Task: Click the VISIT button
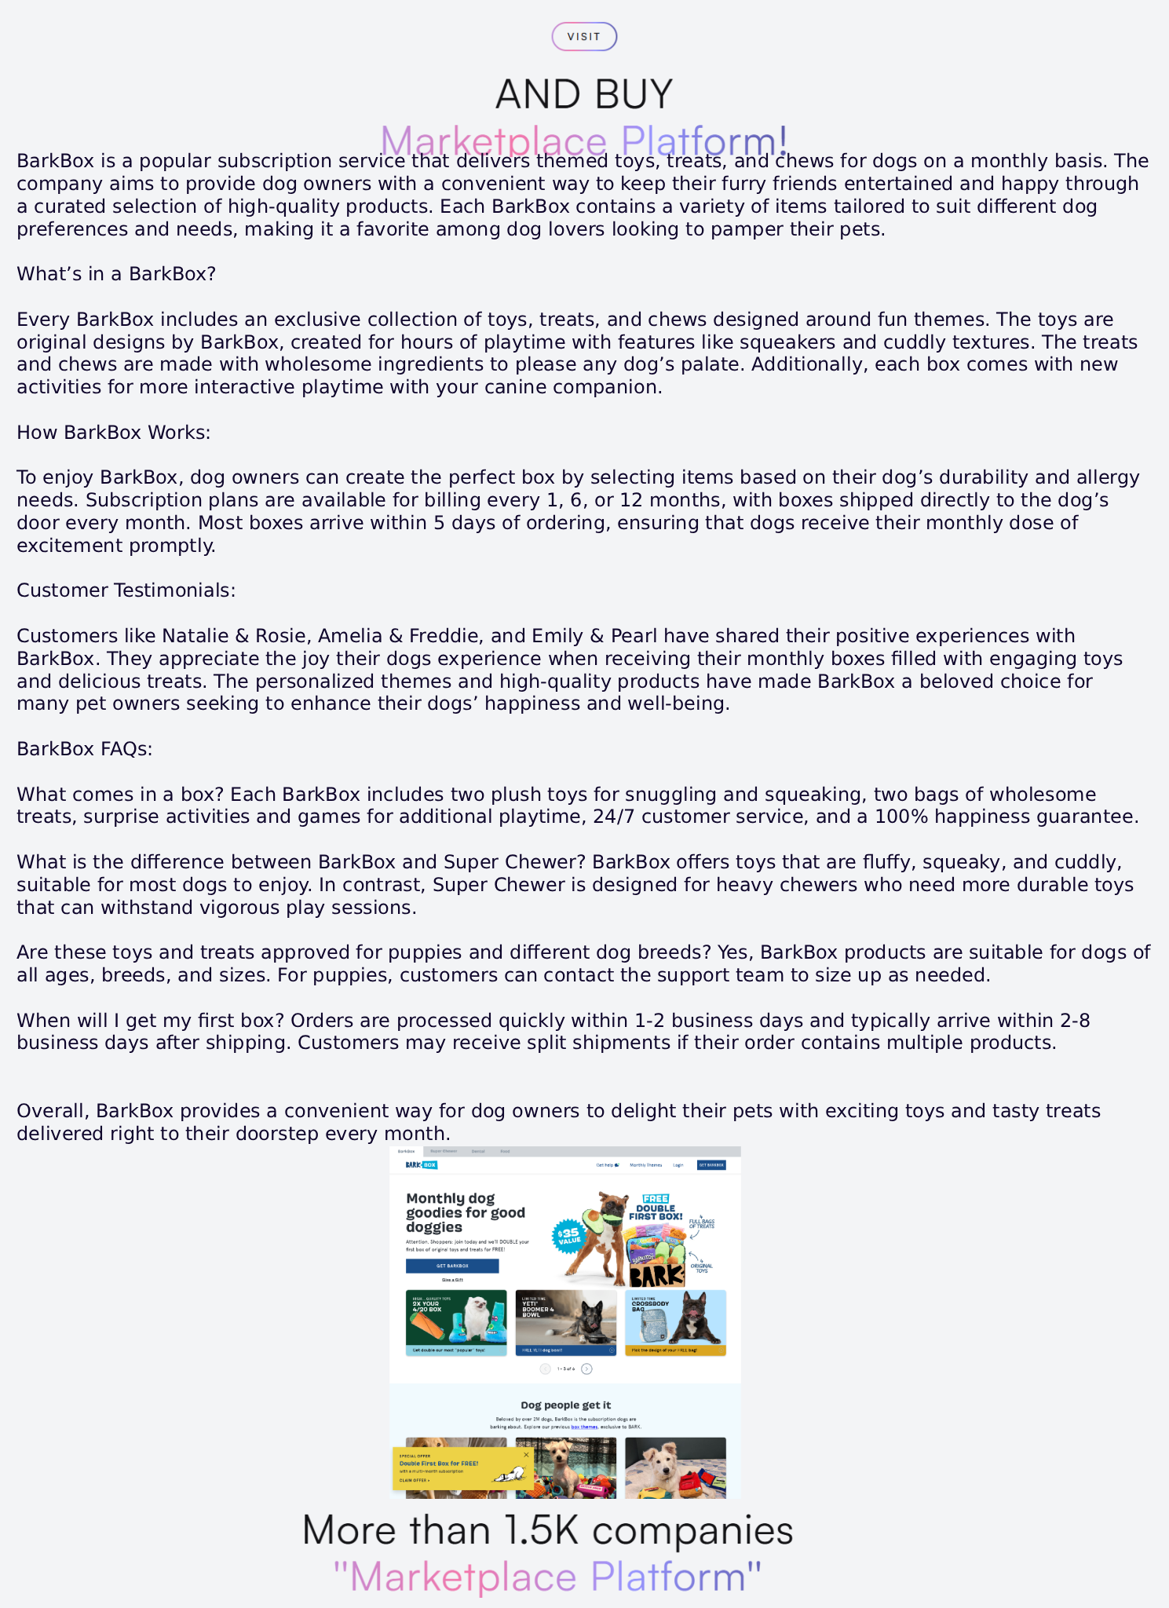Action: point(584,37)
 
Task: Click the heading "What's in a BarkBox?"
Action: point(116,274)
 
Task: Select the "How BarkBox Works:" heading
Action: point(114,433)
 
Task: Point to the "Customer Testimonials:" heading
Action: point(126,590)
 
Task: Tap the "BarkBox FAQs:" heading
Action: point(85,749)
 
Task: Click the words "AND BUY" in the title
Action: point(584,94)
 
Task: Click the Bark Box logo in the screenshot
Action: point(422,1165)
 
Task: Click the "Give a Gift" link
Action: point(452,1280)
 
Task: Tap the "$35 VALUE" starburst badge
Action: point(568,1236)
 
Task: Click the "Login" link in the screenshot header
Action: point(678,1165)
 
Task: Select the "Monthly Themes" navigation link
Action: point(645,1165)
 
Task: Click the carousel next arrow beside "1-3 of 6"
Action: point(586,1369)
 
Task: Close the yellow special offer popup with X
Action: point(526,1455)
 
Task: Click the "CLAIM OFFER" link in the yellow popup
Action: point(415,1481)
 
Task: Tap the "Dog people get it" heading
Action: point(565,1405)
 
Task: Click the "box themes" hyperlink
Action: point(584,1427)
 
